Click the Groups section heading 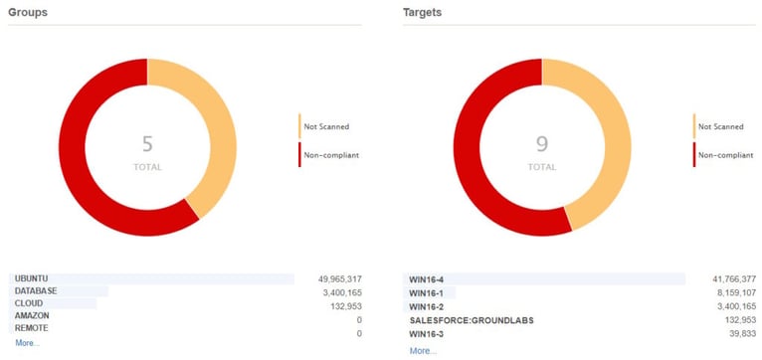(28, 12)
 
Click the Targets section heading (423, 12)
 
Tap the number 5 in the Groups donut (147, 144)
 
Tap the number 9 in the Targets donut (542, 144)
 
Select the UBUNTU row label (32, 278)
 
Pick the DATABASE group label (36, 290)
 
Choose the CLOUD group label (29, 303)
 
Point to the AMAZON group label (32, 315)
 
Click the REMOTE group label (31, 327)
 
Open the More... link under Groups (27, 342)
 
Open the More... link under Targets (423, 350)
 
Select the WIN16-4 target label (427, 279)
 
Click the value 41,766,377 (728, 279)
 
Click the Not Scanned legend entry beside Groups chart (326, 126)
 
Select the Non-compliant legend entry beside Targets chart (724, 155)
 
